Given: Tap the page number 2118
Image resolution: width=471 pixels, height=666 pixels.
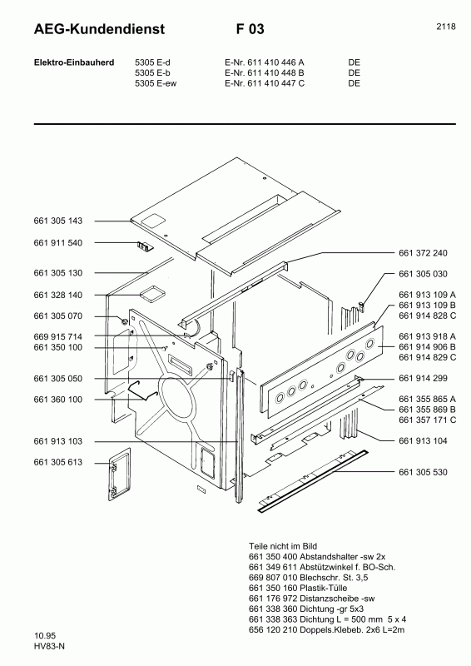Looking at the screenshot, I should coord(445,27).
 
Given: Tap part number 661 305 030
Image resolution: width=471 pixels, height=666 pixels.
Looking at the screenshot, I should coord(423,274).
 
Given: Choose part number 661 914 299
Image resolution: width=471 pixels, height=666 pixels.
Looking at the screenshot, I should coord(423,379).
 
